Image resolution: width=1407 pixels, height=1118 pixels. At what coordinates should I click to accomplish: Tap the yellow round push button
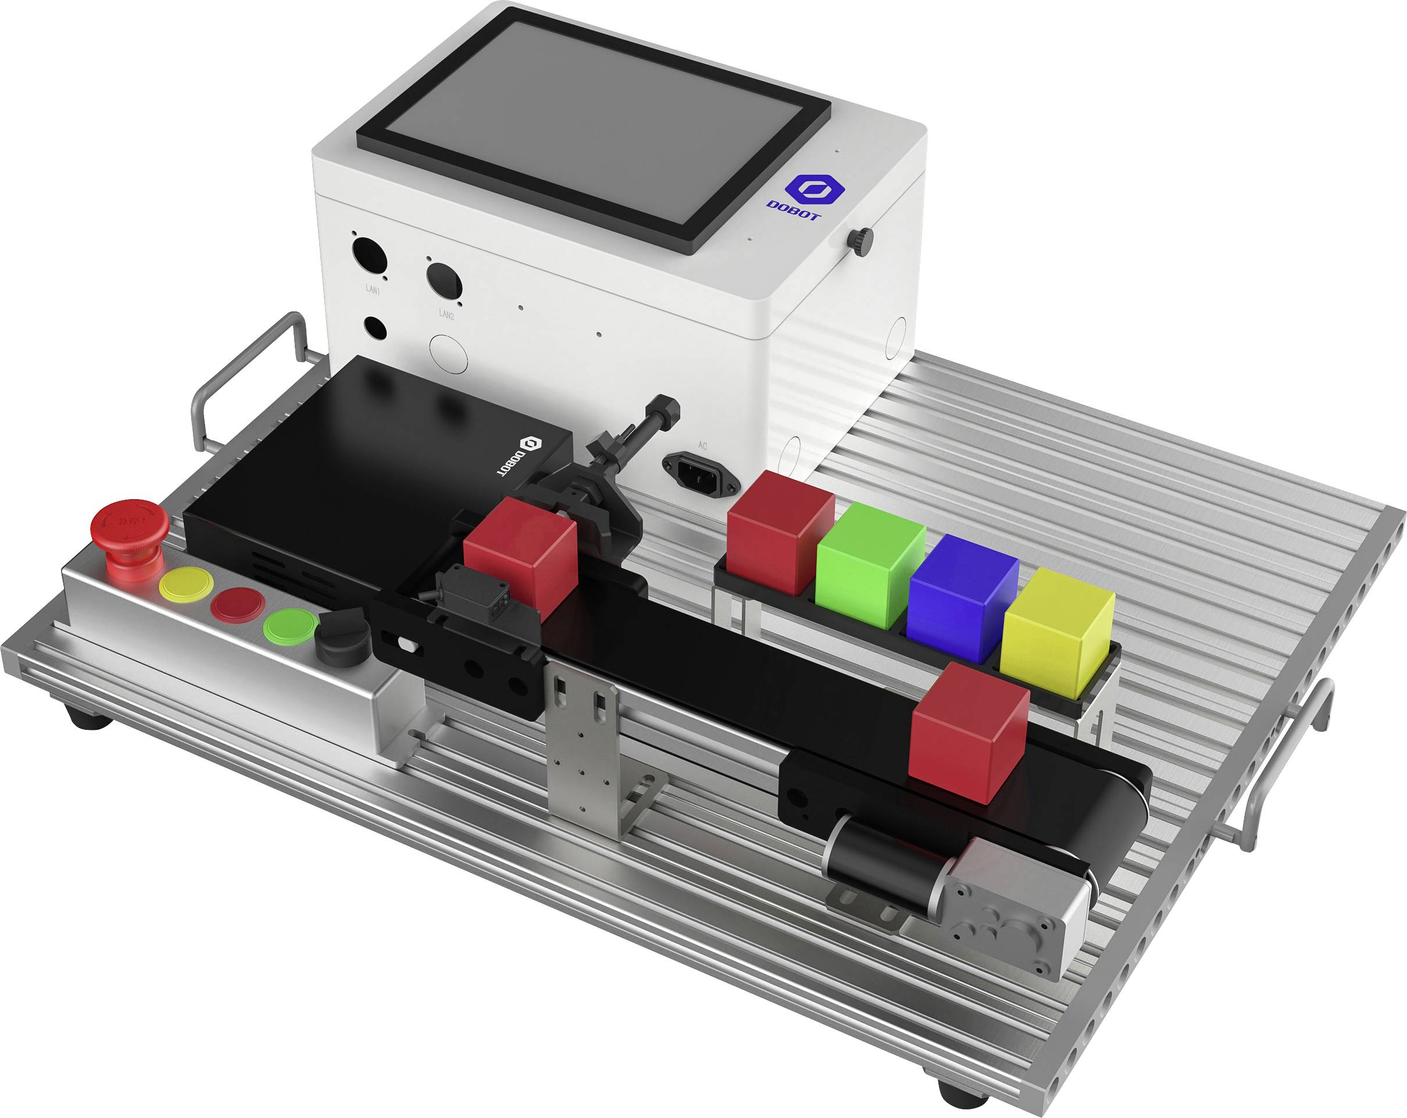coord(186,584)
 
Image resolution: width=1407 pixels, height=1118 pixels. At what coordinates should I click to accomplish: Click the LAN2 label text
coord(446,314)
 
